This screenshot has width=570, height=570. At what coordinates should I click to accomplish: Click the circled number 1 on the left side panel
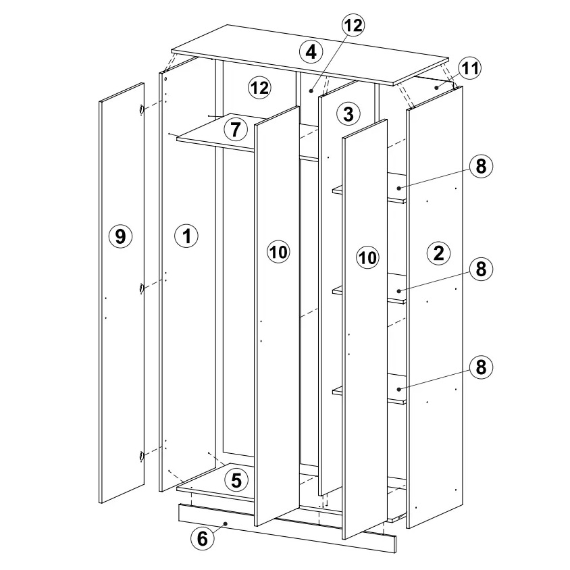pyautogui.click(x=186, y=236)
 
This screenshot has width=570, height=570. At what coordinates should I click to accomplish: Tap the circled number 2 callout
pyautogui.click(x=439, y=253)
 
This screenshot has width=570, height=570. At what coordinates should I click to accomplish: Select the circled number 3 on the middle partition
pyautogui.click(x=348, y=113)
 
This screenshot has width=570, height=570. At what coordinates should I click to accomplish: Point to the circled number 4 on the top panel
pyautogui.click(x=311, y=52)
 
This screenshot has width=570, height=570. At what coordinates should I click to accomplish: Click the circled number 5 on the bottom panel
pyautogui.click(x=236, y=480)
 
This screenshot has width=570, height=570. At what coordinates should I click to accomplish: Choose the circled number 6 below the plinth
pyautogui.click(x=203, y=538)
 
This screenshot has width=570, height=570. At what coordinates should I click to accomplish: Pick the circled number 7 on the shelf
pyautogui.click(x=236, y=130)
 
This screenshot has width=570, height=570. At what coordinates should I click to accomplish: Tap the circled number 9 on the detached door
pyautogui.click(x=120, y=236)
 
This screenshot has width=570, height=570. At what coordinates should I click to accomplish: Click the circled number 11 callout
pyautogui.click(x=470, y=68)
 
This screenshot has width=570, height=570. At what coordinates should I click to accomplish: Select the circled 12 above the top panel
pyautogui.click(x=353, y=25)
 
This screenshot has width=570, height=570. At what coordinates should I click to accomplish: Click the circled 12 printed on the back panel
pyautogui.click(x=260, y=88)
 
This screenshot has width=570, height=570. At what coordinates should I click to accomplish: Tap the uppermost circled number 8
pyautogui.click(x=481, y=167)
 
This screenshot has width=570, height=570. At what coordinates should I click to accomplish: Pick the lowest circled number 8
pyautogui.click(x=481, y=367)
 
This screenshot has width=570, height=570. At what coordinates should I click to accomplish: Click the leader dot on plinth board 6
pyautogui.click(x=226, y=523)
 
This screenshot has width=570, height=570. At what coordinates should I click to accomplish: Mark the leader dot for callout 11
pyautogui.click(x=436, y=87)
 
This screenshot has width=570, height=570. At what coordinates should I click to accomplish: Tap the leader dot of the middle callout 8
pyautogui.click(x=398, y=291)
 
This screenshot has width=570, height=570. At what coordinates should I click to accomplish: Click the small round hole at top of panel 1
pyautogui.click(x=165, y=78)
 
